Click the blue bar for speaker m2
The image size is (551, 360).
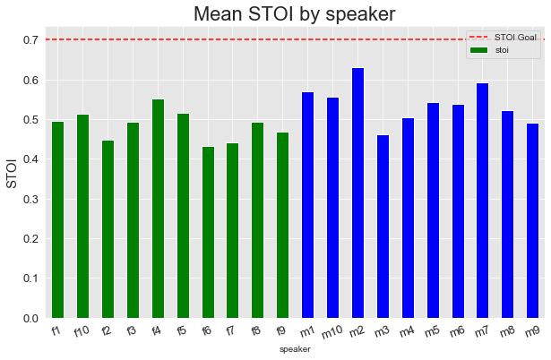[x=357, y=193]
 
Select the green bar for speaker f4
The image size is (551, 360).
[x=158, y=209]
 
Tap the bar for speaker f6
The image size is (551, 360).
[x=208, y=232]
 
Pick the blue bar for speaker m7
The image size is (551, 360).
[x=483, y=201]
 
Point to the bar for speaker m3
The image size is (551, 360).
[x=383, y=227]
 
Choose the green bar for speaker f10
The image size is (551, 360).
[x=83, y=217]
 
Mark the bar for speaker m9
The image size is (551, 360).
[x=532, y=220]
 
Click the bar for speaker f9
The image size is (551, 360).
[x=282, y=225]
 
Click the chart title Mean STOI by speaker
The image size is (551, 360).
[x=295, y=14]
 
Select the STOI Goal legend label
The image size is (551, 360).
[x=515, y=38]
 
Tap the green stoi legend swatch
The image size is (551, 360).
[x=478, y=50]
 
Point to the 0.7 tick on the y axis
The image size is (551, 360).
[x=30, y=40]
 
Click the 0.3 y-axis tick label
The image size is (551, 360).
[x=30, y=199]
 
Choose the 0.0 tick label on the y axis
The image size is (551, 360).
[x=30, y=319]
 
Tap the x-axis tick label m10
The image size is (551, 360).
[x=331, y=332]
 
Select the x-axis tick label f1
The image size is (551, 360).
[x=56, y=330]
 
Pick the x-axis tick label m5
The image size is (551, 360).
[x=432, y=331]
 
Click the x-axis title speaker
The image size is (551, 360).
[x=295, y=349]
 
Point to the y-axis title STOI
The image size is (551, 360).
[x=12, y=174]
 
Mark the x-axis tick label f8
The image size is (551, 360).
[x=256, y=330]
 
